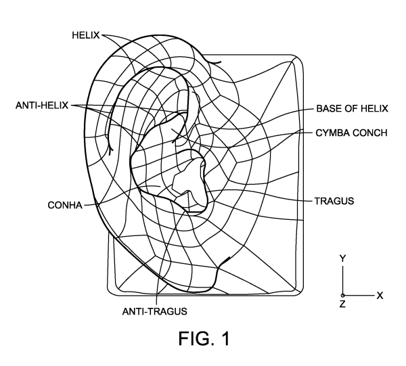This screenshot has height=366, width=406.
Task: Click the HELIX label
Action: (x=86, y=33)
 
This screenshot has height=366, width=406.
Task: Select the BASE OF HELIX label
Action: (x=351, y=108)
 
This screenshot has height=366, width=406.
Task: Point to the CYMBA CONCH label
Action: (x=352, y=133)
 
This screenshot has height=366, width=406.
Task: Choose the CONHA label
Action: (x=63, y=204)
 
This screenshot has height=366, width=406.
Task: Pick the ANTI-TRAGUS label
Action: (x=154, y=311)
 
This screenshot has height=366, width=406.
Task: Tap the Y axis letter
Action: (x=343, y=258)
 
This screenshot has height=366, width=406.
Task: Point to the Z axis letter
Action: (x=343, y=306)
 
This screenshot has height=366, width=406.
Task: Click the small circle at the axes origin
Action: (x=343, y=296)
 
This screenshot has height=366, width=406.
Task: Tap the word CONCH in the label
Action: (x=369, y=133)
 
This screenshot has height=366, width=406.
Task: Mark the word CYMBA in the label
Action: (x=332, y=133)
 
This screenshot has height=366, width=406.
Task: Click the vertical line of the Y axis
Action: (x=343, y=279)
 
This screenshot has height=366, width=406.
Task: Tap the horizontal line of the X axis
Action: (x=359, y=296)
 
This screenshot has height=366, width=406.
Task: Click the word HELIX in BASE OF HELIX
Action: (x=371, y=108)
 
